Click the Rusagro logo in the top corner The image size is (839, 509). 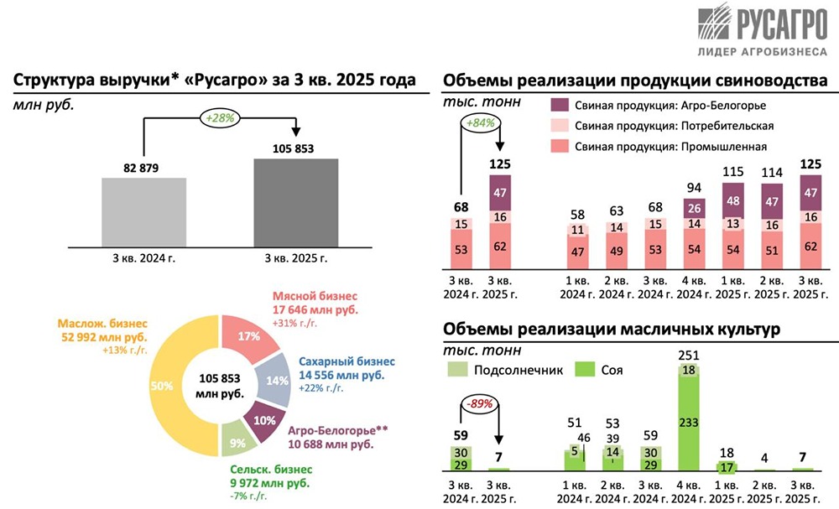[x=758, y=30]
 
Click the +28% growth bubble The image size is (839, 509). [x=220, y=119]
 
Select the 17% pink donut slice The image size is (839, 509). [x=248, y=335]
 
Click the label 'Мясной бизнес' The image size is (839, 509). [x=315, y=296]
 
